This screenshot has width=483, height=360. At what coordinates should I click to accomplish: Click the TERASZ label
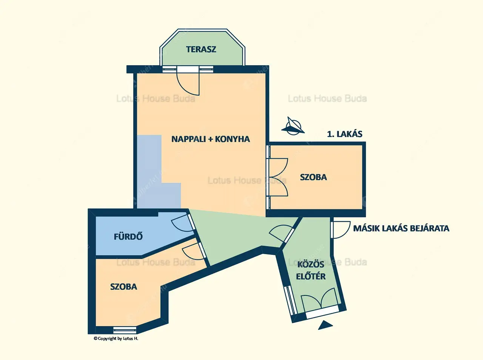coord(201,49)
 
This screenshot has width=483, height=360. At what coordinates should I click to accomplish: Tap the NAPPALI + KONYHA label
coord(211,139)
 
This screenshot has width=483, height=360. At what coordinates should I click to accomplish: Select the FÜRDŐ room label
coord(128,237)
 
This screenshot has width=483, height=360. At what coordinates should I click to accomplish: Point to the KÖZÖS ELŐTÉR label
coord(311,270)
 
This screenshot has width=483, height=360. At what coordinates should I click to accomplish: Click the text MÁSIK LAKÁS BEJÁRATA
coord(401,228)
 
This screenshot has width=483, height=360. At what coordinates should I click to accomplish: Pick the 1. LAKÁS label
coord(345,134)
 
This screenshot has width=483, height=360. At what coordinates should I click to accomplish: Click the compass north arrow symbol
coord(293,126)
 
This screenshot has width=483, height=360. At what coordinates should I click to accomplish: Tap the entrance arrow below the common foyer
coord(325,325)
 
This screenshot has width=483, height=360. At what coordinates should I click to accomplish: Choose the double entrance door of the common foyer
coord(319,300)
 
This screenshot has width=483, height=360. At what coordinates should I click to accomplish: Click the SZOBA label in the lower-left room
coord(123,287)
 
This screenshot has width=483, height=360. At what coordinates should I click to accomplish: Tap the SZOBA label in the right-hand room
coord(313,177)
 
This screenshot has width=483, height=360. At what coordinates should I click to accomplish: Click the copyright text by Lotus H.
coord(116,339)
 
